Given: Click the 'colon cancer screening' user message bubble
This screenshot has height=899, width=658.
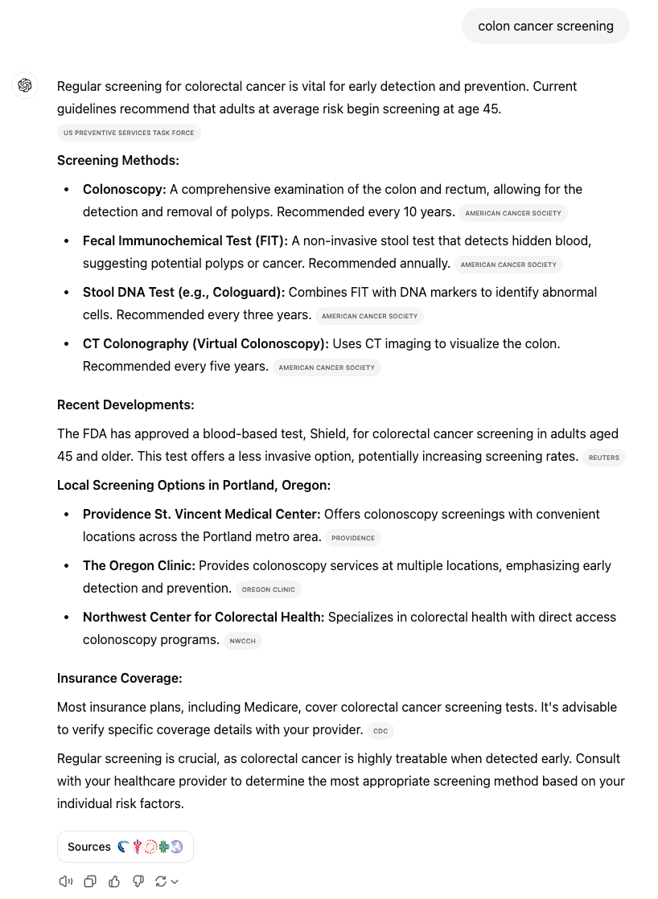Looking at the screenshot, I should tap(545, 26).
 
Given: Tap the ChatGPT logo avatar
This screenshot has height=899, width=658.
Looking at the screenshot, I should tap(25, 85).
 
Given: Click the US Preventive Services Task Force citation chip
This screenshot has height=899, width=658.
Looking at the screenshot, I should tap(129, 133).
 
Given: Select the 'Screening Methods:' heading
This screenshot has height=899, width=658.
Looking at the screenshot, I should tap(118, 160).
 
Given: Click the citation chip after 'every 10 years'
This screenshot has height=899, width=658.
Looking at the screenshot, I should tap(512, 213).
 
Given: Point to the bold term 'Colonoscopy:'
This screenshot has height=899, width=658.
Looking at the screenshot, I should tap(125, 189).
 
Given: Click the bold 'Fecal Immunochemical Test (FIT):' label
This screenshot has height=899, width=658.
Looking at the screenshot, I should tap(185, 240).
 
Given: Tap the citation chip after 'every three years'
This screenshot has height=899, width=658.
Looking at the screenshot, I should tap(369, 316).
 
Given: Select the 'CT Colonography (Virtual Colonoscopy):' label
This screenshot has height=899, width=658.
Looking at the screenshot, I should tap(206, 343).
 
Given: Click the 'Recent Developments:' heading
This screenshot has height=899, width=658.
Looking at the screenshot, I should tap(125, 404).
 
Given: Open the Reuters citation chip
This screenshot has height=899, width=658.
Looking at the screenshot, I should tap(604, 458).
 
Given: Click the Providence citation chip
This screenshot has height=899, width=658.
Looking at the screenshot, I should tap(353, 538).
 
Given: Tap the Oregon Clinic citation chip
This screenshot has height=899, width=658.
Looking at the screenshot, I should tap(269, 589).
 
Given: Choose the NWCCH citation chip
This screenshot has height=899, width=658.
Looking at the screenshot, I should tap(242, 641).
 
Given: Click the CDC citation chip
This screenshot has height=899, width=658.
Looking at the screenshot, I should tap(380, 731).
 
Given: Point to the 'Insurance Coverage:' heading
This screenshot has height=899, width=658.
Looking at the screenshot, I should tap(120, 678).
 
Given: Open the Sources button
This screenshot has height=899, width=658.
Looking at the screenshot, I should tap(125, 847).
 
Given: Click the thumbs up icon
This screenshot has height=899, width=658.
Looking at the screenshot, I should tap(114, 881).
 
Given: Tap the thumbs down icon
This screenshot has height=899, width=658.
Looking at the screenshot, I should tap(138, 881).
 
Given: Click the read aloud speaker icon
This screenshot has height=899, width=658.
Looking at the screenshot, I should tap(66, 881).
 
